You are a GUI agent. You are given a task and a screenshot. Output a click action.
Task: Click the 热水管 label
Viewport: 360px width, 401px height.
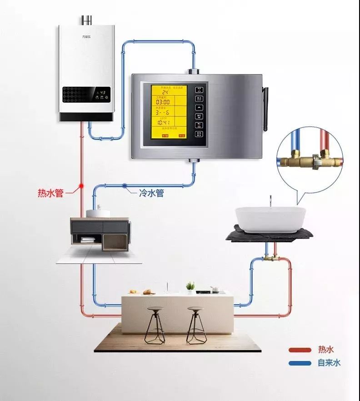tap(50, 193)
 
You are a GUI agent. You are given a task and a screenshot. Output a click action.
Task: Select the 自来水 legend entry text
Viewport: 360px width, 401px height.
tap(329, 363)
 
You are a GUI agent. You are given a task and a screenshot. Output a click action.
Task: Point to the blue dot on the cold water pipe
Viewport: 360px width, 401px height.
tap(124, 185)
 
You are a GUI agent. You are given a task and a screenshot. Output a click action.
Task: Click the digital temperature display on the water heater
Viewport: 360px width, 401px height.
tap(103, 92)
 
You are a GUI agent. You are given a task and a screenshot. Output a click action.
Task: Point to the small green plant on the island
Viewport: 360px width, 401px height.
tap(190, 286)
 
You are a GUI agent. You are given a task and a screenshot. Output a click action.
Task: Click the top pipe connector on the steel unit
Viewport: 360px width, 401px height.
tap(193, 71)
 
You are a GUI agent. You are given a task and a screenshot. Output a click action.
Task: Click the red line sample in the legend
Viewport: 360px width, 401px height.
tap(299, 350)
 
